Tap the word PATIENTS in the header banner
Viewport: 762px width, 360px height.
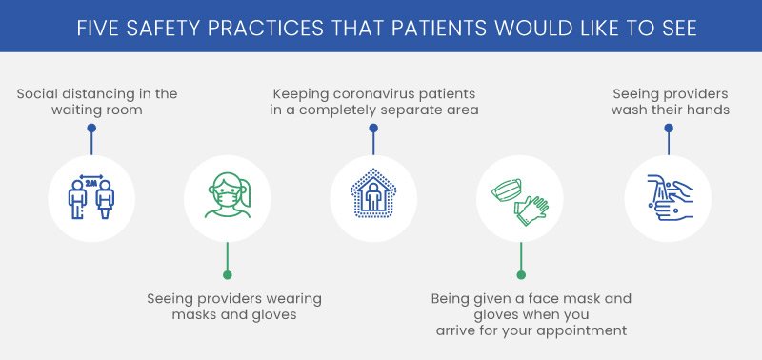pyautogui.click(x=418, y=29)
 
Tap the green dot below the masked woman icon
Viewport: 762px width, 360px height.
pyautogui.click(x=227, y=275)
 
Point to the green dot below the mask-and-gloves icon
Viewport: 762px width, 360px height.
pyautogui.click(x=520, y=275)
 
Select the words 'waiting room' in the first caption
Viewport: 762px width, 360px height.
pyautogui.click(x=97, y=110)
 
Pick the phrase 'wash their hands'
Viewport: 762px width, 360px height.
pyautogui.click(x=671, y=110)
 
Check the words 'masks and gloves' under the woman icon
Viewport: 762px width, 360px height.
pyautogui.click(x=233, y=314)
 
